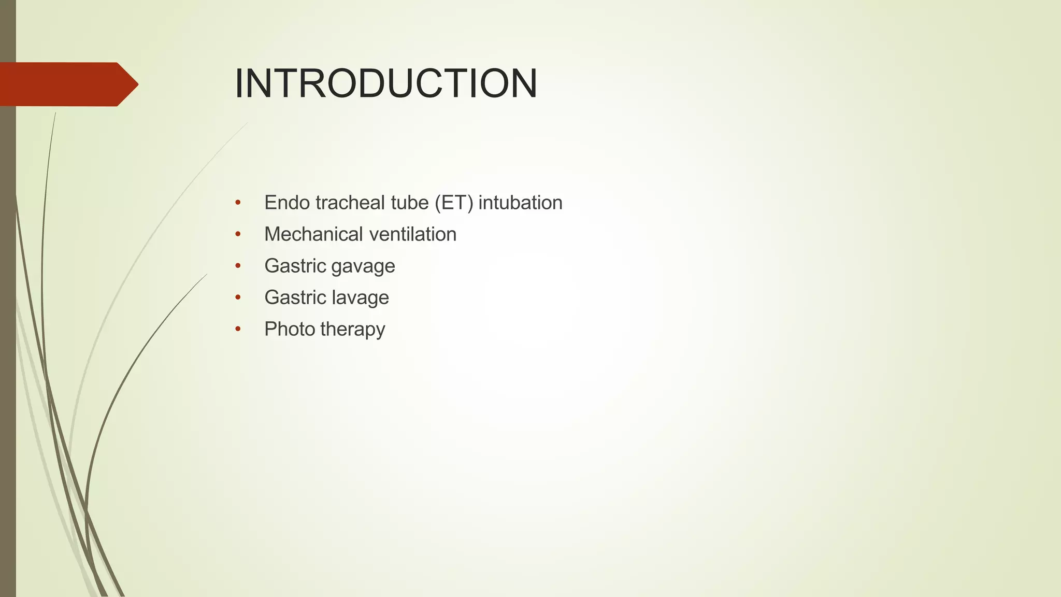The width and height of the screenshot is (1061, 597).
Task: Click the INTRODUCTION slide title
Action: point(386,83)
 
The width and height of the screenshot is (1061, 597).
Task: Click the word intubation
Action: point(520,203)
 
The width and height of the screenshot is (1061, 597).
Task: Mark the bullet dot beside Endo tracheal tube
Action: point(238,203)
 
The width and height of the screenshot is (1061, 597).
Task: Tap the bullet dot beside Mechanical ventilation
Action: point(238,234)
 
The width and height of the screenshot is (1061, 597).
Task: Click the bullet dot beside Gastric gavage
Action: point(238,266)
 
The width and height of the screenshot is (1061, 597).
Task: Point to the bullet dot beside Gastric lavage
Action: point(238,297)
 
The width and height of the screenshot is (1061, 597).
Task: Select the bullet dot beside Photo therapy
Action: point(238,329)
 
